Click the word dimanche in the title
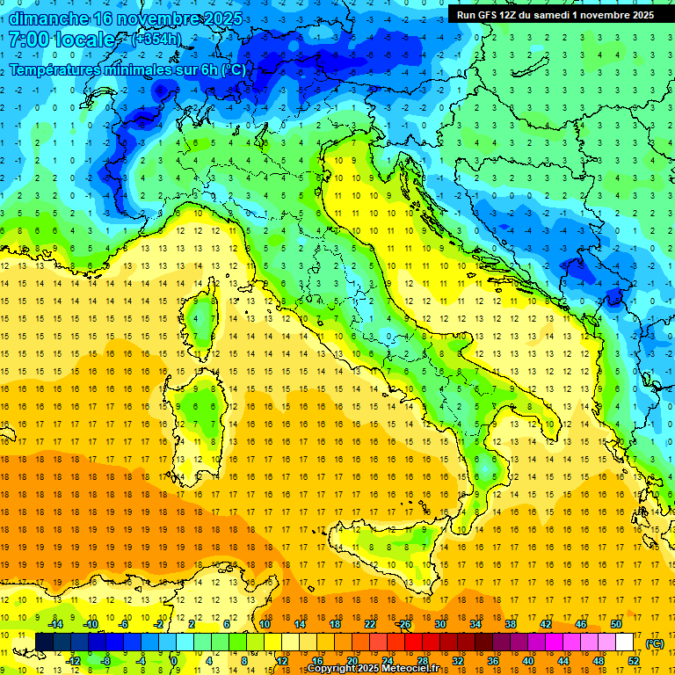click(x=47, y=18)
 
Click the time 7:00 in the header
click(x=26, y=40)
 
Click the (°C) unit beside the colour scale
click(x=654, y=643)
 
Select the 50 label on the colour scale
click(x=615, y=623)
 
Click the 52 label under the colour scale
click(x=634, y=661)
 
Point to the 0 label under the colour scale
click(x=174, y=661)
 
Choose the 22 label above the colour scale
click(x=370, y=623)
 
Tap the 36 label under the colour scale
click(x=492, y=661)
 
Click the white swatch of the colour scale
click(x=625, y=642)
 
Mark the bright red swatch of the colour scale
click(x=413, y=642)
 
